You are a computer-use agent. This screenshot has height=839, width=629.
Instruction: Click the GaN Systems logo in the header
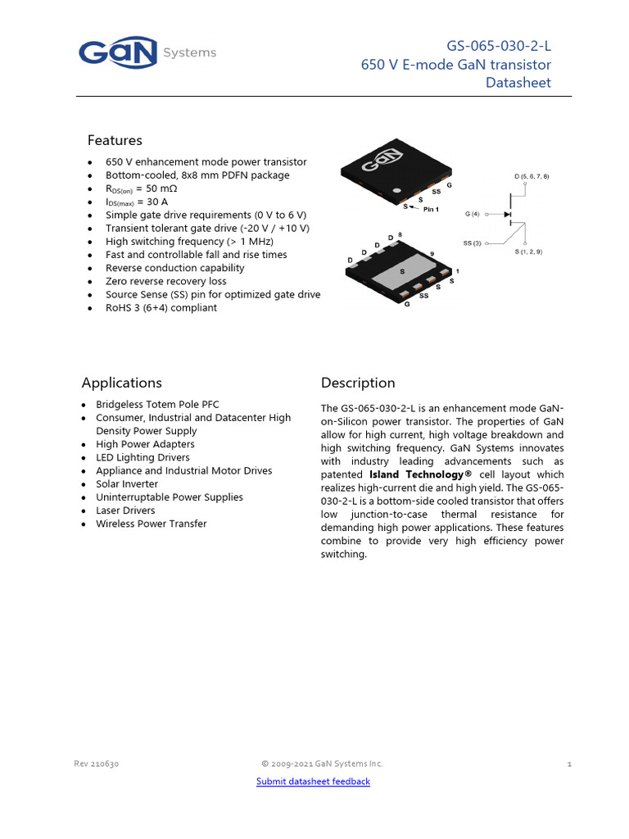(147, 52)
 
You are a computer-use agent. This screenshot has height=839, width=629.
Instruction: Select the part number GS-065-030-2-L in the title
(499, 46)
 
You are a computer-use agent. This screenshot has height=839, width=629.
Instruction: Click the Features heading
(115, 140)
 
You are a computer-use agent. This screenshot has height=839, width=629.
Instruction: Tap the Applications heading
(122, 383)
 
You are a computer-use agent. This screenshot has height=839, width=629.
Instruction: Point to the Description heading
(358, 383)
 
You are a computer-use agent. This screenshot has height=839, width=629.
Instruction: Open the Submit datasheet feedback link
(313, 781)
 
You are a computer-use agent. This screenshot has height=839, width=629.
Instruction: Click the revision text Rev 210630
(97, 764)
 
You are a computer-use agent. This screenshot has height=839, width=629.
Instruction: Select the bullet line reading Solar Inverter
(127, 483)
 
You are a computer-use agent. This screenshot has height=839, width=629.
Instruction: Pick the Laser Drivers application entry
(125, 510)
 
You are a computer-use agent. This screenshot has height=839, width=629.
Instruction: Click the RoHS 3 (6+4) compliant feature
(161, 308)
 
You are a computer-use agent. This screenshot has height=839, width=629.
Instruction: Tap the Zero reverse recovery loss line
(165, 281)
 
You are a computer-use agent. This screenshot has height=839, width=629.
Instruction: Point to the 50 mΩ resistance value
(161, 188)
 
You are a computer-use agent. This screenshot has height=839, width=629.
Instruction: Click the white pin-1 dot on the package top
(397, 190)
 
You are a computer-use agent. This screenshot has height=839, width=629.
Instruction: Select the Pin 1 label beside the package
(431, 209)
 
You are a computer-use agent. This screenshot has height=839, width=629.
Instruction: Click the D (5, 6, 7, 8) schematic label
(532, 176)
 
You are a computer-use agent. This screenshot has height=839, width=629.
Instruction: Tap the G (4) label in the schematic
(473, 214)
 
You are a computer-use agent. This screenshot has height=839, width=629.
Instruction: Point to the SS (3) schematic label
(473, 243)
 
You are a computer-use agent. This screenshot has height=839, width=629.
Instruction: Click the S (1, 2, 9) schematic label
(528, 252)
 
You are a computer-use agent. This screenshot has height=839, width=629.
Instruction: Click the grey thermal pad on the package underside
(403, 274)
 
